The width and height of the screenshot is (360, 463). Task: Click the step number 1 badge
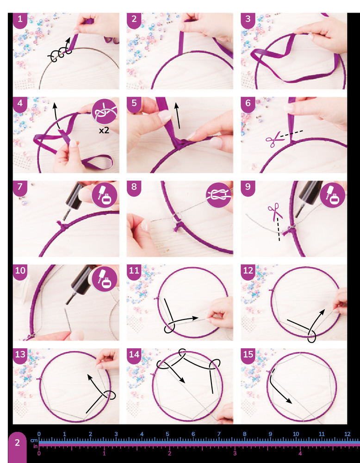[20, 20]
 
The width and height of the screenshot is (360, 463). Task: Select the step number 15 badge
[248, 355]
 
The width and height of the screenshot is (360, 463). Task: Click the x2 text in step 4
[104, 130]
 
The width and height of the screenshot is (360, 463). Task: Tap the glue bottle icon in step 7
[105, 195]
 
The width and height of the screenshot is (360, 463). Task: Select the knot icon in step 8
[219, 195]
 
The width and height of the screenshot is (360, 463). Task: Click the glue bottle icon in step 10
[105, 279]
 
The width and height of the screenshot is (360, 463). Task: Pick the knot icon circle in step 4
[105, 111]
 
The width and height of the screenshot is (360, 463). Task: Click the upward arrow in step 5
[178, 115]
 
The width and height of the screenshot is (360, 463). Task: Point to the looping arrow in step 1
[60, 50]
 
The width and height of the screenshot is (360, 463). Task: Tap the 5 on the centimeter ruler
[168, 434]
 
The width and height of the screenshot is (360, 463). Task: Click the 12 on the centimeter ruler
[348, 434]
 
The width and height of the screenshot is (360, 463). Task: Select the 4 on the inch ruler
[300, 453]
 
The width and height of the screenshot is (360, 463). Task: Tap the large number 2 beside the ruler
[18, 443]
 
